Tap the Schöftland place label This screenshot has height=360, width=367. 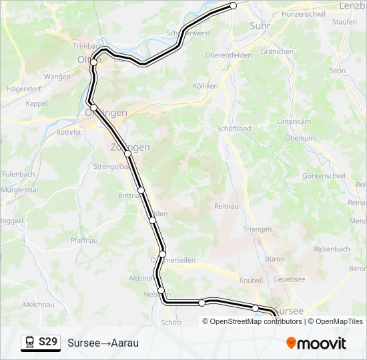tap(234, 129)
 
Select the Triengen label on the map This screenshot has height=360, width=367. tap(258, 229)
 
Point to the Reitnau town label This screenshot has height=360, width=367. tap(226, 207)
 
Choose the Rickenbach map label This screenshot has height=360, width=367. tap(332, 249)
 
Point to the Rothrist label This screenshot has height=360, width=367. tap(69, 133)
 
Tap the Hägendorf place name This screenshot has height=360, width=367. tap(24, 89)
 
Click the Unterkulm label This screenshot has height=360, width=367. tap(295, 122)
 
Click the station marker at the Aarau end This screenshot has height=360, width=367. tap(234, 5)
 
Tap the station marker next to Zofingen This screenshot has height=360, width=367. tap(127, 154)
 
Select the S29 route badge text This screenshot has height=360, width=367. tap(48, 342)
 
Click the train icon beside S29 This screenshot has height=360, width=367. tap(30, 342)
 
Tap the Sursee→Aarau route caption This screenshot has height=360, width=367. tap(103, 343)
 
